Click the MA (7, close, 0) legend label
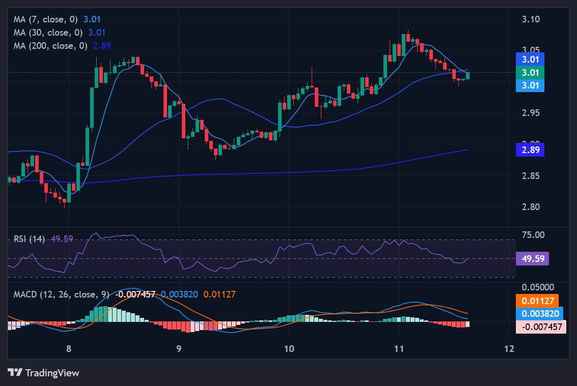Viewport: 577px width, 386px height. (x=46, y=19)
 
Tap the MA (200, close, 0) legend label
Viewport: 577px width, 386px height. (x=50, y=46)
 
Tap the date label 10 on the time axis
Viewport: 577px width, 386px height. (x=289, y=348)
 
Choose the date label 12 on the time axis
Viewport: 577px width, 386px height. (x=508, y=348)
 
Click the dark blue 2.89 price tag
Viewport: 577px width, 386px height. (x=530, y=150)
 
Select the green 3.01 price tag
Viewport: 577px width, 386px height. (x=530, y=72)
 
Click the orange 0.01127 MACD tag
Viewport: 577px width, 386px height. (x=537, y=301)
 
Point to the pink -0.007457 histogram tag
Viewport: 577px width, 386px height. (x=541, y=327)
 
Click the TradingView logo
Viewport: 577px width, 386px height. (x=44, y=373)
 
